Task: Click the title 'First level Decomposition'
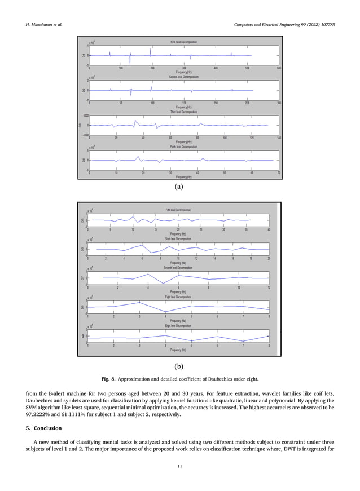pos(183,42)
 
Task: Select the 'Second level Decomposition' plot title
pos(183,77)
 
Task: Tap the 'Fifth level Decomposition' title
pos(178,210)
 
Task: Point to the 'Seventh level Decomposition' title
pos(178,267)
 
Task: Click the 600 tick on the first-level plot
pos(279,68)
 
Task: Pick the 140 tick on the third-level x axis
pos(279,138)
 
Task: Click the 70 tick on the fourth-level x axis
pos(279,173)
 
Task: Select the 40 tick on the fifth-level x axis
pos(269,229)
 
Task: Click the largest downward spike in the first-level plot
pos(130,62)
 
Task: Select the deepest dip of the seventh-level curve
pos(163,283)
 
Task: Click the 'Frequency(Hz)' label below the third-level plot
pos(183,141)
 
